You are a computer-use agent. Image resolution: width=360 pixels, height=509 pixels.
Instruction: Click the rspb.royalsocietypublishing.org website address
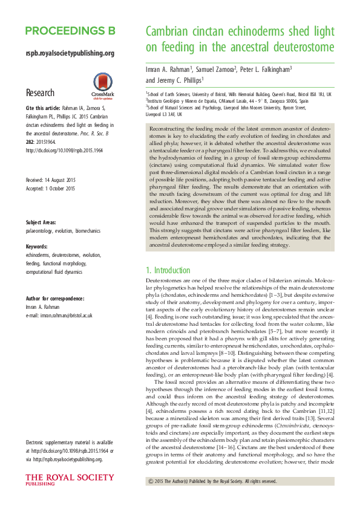[x=70, y=53]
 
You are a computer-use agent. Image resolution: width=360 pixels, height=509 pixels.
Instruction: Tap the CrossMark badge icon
[x=102, y=85]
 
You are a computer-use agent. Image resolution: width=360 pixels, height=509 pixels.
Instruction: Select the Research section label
[x=40, y=92]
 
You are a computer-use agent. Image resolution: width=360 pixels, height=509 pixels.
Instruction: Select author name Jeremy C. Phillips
[x=174, y=80]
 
